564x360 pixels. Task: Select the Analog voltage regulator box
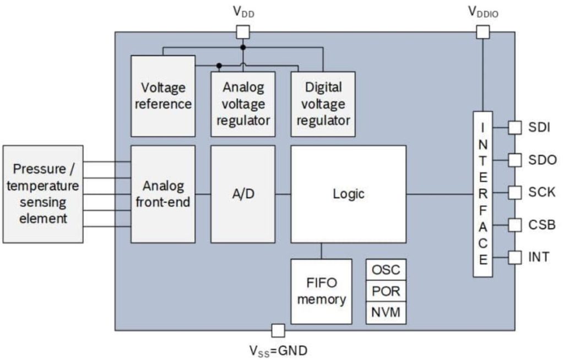pyautogui.click(x=243, y=104)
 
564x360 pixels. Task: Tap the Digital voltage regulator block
pyautogui.click(x=323, y=104)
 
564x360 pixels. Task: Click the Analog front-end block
pyautogui.click(x=162, y=194)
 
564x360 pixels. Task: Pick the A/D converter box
pyautogui.click(x=243, y=194)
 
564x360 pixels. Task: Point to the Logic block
pyautogui.click(x=348, y=194)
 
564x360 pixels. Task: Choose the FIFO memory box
pyautogui.click(x=321, y=291)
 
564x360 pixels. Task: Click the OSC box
pyautogui.click(x=386, y=270)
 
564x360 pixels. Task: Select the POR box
pyautogui.click(x=386, y=291)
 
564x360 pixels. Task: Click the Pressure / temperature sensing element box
pyautogui.click(x=43, y=194)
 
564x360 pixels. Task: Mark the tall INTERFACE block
pyautogui.click(x=482, y=194)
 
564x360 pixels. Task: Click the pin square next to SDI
pyautogui.click(x=514, y=128)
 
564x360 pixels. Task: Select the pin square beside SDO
pyautogui.click(x=514, y=160)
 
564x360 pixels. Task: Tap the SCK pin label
pyautogui.click(x=542, y=193)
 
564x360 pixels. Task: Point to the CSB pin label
pyautogui.click(x=542, y=225)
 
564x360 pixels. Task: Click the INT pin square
pyautogui.click(x=514, y=257)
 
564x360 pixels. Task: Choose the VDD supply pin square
pyautogui.click(x=242, y=32)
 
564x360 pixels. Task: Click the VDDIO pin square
pyautogui.click(x=482, y=32)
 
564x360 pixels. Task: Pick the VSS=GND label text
pyautogui.click(x=279, y=350)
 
